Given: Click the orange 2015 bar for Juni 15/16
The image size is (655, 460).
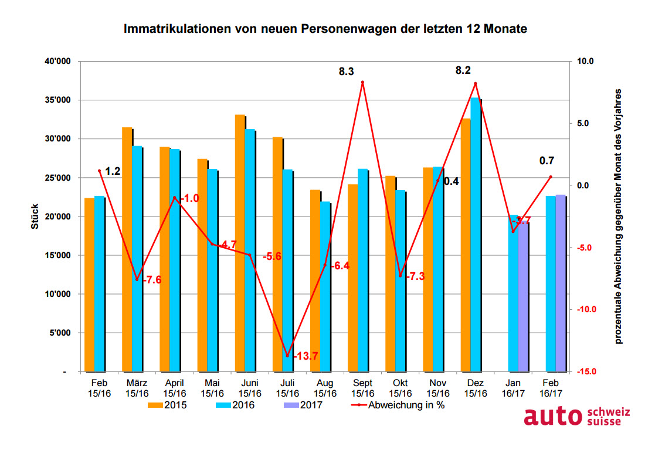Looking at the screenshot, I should pyautogui.click(x=240, y=243).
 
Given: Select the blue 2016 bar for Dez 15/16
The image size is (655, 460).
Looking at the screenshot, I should pyautogui.click(x=476, y=235).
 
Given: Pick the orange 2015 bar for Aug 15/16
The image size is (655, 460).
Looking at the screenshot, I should pyautogui.click(x=315, y=281).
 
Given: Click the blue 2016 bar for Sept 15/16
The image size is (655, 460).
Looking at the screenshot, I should pyautogui.click(x=363, y=270).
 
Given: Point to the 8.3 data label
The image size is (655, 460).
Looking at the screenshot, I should pyautogui.click(x=346, y=72).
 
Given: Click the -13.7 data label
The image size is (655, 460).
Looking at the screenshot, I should pyautogui.click(x=305, y=356).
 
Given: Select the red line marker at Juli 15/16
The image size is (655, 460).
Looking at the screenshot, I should pyautogui.click(x=287, y=356).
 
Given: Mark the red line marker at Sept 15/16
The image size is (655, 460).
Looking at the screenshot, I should pyautogui.click(x=362, y=83).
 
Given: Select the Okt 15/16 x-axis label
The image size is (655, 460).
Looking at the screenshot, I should pyautogui.click(x=401, y=388).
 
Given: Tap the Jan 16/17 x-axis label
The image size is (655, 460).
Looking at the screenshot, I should pyautogui.click(x=513, y=388).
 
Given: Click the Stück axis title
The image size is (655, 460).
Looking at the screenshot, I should pyautogui.click(x=35, y=216).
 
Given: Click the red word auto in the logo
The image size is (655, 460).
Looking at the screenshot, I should pyautogui.click(x=554, y=417).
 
